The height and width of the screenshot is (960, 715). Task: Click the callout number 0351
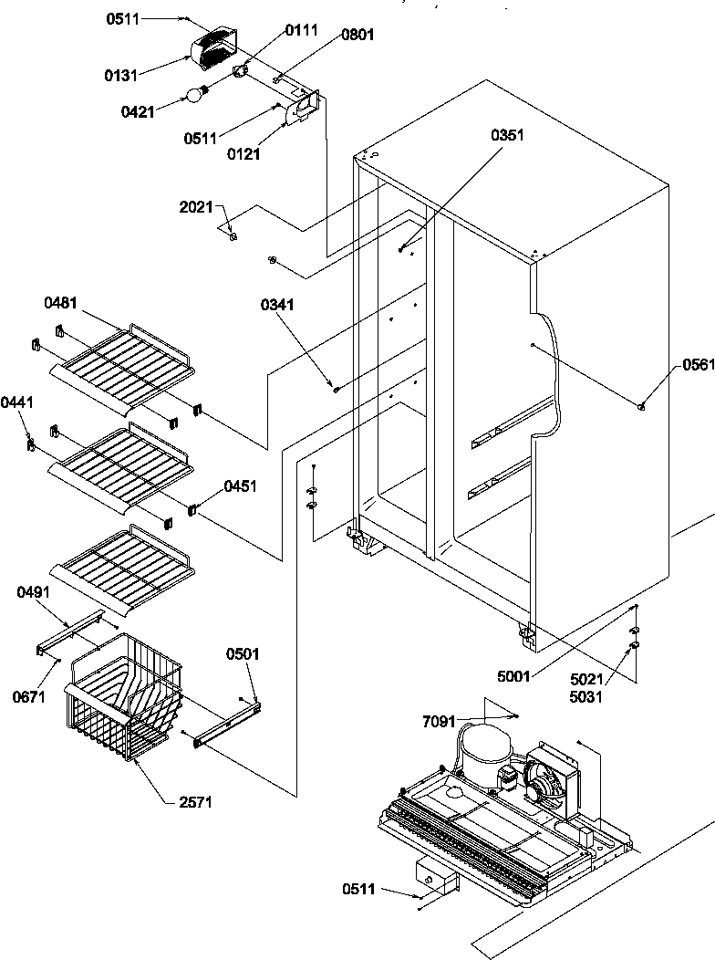[x=508, y=136]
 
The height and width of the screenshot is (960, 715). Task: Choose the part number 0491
[x=35, y=593]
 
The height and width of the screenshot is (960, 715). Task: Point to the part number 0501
[x=244, y=654]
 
